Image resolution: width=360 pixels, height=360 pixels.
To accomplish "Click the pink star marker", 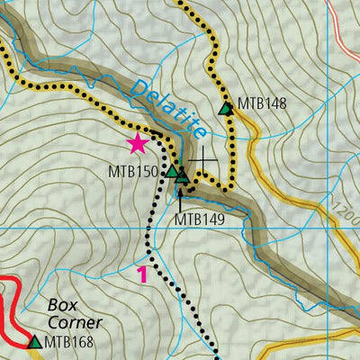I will click(138, 143).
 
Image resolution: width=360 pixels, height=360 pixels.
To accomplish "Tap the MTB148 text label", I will click(262, 103).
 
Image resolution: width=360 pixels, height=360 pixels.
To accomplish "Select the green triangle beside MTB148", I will click(226, 109).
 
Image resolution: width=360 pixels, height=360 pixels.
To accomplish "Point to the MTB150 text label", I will click(134, 171).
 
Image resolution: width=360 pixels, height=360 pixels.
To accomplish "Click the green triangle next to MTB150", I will click(171, 169).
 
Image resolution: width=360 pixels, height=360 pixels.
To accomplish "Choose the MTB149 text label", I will click(199, 218).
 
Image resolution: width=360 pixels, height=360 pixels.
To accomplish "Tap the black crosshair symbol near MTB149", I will click(203, 161).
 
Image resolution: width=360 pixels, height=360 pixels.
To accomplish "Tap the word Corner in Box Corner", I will click(76, 322).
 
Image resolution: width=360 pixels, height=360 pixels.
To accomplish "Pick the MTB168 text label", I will click(69, 342).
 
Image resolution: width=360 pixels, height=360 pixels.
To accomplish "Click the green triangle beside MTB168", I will click(35, 341).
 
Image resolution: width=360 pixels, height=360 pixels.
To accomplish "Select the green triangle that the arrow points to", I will click(183, 176).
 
